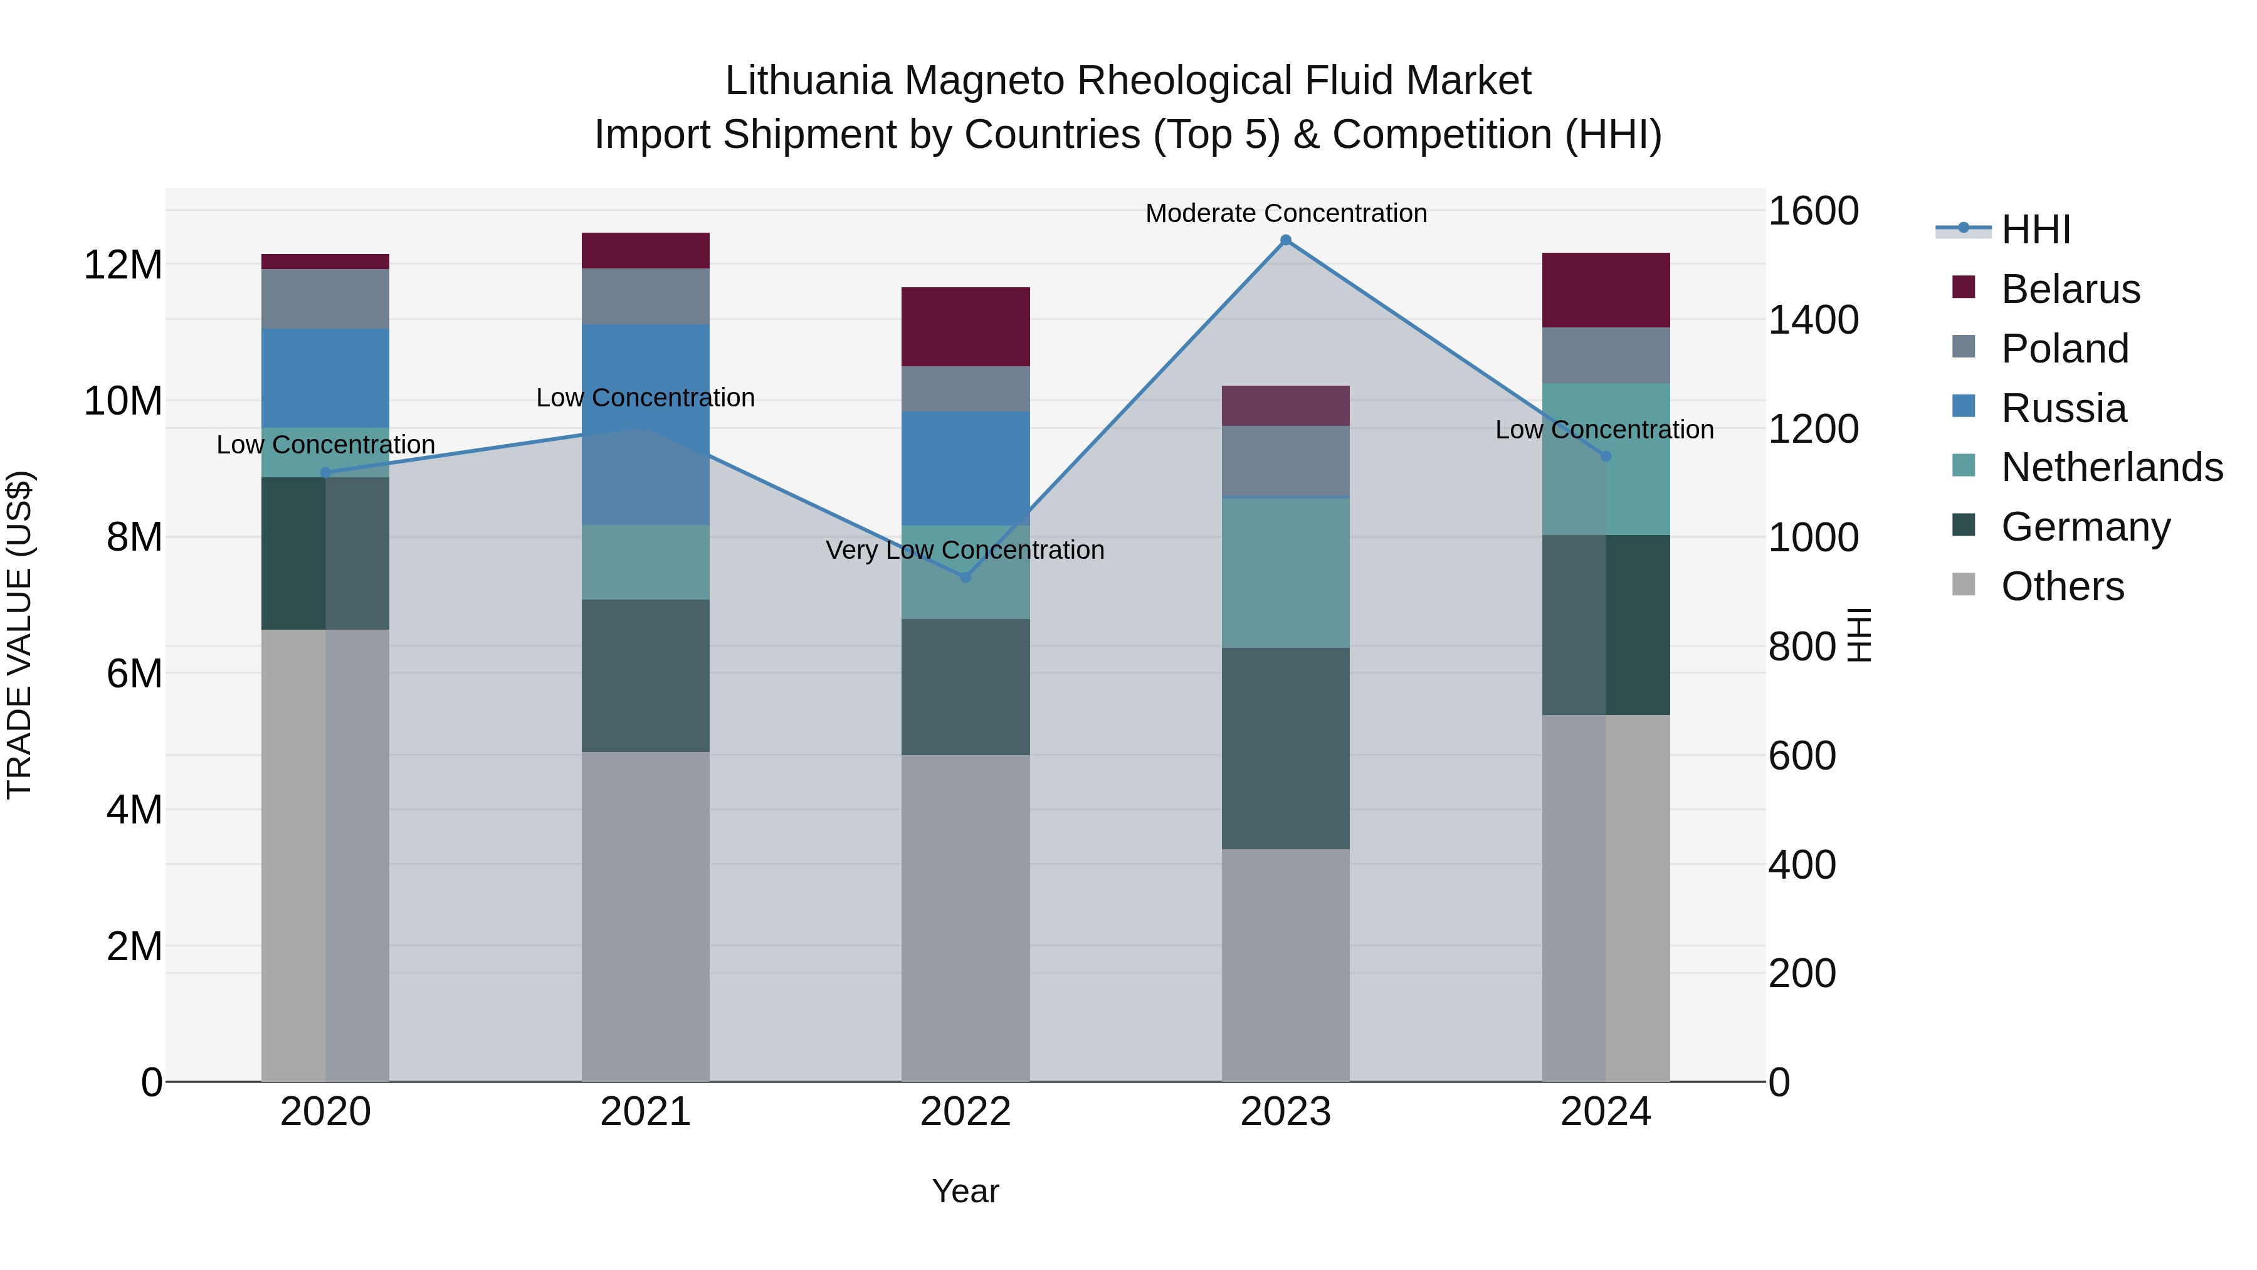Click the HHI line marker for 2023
click(x=1285, y=240)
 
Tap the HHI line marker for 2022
click(x=965, y=578)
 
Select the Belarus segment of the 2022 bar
click(x=965, y=327)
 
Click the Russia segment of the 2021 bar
click(x=646, y=424)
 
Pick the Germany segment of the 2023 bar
click(x=1285, y=748)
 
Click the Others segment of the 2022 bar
click(x=965, y=918)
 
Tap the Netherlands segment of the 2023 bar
click(x=1285, y=573)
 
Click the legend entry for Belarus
click(x=2070, y=289)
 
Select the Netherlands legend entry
click(x=2112, y=467)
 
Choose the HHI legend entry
click(x=2035, y=230)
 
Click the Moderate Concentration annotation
click(x=1285, y=213)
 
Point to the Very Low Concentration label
click(x=965, y=551)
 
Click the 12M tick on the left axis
click(x=123, y=265)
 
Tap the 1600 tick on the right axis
click(x=1812, y=211)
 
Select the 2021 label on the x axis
click(x=646, y=1112)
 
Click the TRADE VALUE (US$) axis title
click(x=19, y=635)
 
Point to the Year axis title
click(x=965, y=1191)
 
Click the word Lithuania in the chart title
click(x=809, y=81)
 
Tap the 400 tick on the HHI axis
click(x=1801, y=865)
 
